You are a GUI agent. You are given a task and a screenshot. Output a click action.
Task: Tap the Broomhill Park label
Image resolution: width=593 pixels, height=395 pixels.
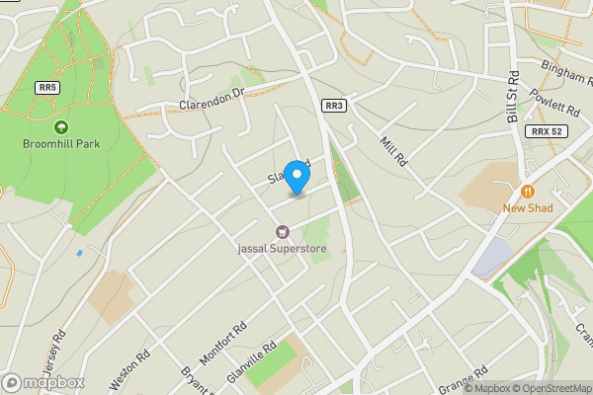pos(60,144)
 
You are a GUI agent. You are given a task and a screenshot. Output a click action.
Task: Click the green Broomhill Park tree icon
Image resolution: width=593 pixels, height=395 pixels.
pos(61,126)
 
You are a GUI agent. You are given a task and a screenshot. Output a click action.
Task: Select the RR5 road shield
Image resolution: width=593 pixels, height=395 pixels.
pos(45,88)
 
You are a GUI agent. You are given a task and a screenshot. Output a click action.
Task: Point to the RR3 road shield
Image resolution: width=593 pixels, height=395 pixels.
pos(333,106)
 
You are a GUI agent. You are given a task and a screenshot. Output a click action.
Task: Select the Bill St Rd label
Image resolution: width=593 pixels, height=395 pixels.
pos(513,98)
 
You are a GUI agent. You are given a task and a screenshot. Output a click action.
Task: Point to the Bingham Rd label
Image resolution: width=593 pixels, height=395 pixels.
pos(565,69)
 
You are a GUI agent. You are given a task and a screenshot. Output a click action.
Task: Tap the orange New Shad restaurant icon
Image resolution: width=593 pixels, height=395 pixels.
pos(528,191)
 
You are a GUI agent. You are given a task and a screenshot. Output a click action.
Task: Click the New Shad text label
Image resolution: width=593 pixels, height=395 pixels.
pos(527,207)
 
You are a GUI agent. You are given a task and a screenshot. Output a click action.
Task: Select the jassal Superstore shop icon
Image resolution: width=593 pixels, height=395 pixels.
pos(283,231)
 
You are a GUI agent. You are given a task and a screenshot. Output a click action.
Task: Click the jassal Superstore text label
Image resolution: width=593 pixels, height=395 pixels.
pos(283,249)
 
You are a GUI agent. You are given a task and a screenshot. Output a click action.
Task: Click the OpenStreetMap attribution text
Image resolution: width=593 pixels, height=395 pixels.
pos(550,388)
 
